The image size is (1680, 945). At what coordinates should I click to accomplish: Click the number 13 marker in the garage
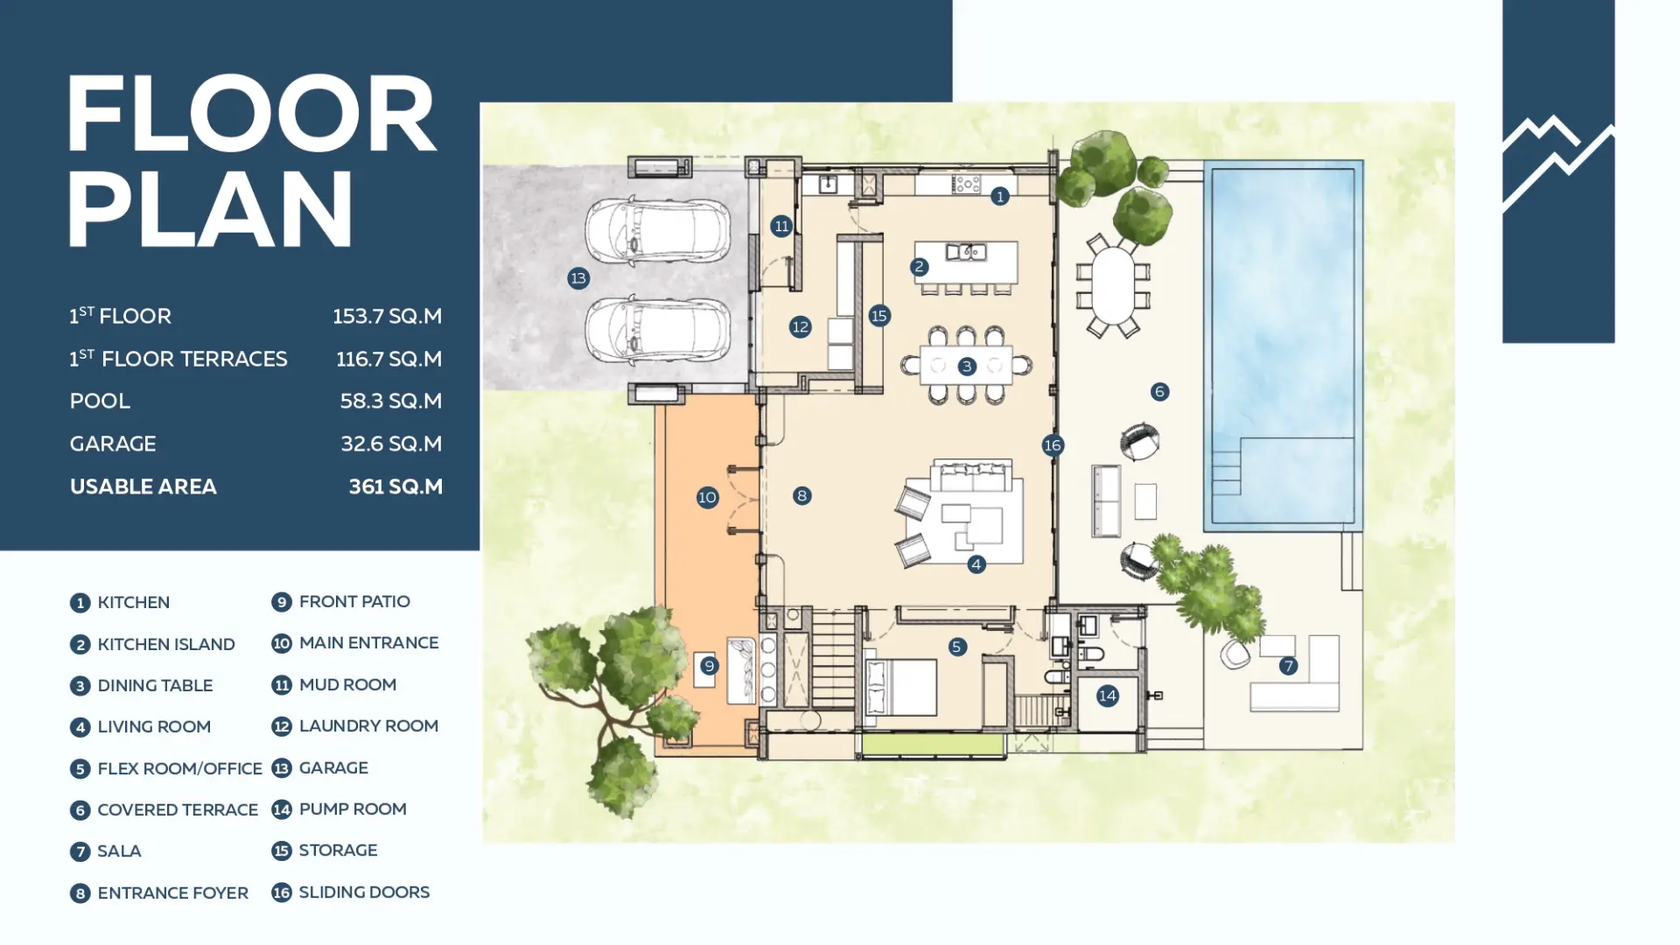pos(578,278)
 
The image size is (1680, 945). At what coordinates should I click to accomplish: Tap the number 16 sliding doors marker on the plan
pos(1053,445)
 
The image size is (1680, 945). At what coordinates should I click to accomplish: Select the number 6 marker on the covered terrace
pos(1159,391)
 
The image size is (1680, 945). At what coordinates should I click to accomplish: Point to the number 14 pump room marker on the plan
pos(1107,696)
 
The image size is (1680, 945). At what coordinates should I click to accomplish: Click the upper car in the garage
pos(658,233)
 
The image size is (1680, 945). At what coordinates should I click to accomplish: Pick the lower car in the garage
pos(658,330)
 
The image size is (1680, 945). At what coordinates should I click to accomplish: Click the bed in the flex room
pos(900,687)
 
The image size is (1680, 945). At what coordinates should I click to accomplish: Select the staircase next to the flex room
pos(833,659)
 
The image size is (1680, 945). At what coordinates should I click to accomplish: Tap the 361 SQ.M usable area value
pos(395,486)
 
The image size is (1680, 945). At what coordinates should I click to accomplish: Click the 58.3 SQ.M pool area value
pos(391,401)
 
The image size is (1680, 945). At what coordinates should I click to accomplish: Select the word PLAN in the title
pos(210,209)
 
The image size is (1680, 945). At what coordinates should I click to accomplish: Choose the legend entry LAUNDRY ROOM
pos(368,726)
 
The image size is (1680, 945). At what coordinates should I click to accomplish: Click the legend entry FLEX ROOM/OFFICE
pos(179,768)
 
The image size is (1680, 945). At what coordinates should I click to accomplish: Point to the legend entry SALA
pos(119,851)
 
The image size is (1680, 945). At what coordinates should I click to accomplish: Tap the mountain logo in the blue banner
pos(1558,163)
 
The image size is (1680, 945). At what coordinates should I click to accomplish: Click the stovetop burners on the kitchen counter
pos(967,184)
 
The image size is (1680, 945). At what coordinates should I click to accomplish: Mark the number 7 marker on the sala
pos(1288,666)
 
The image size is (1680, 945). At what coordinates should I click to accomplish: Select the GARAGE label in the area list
pos(113,444)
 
